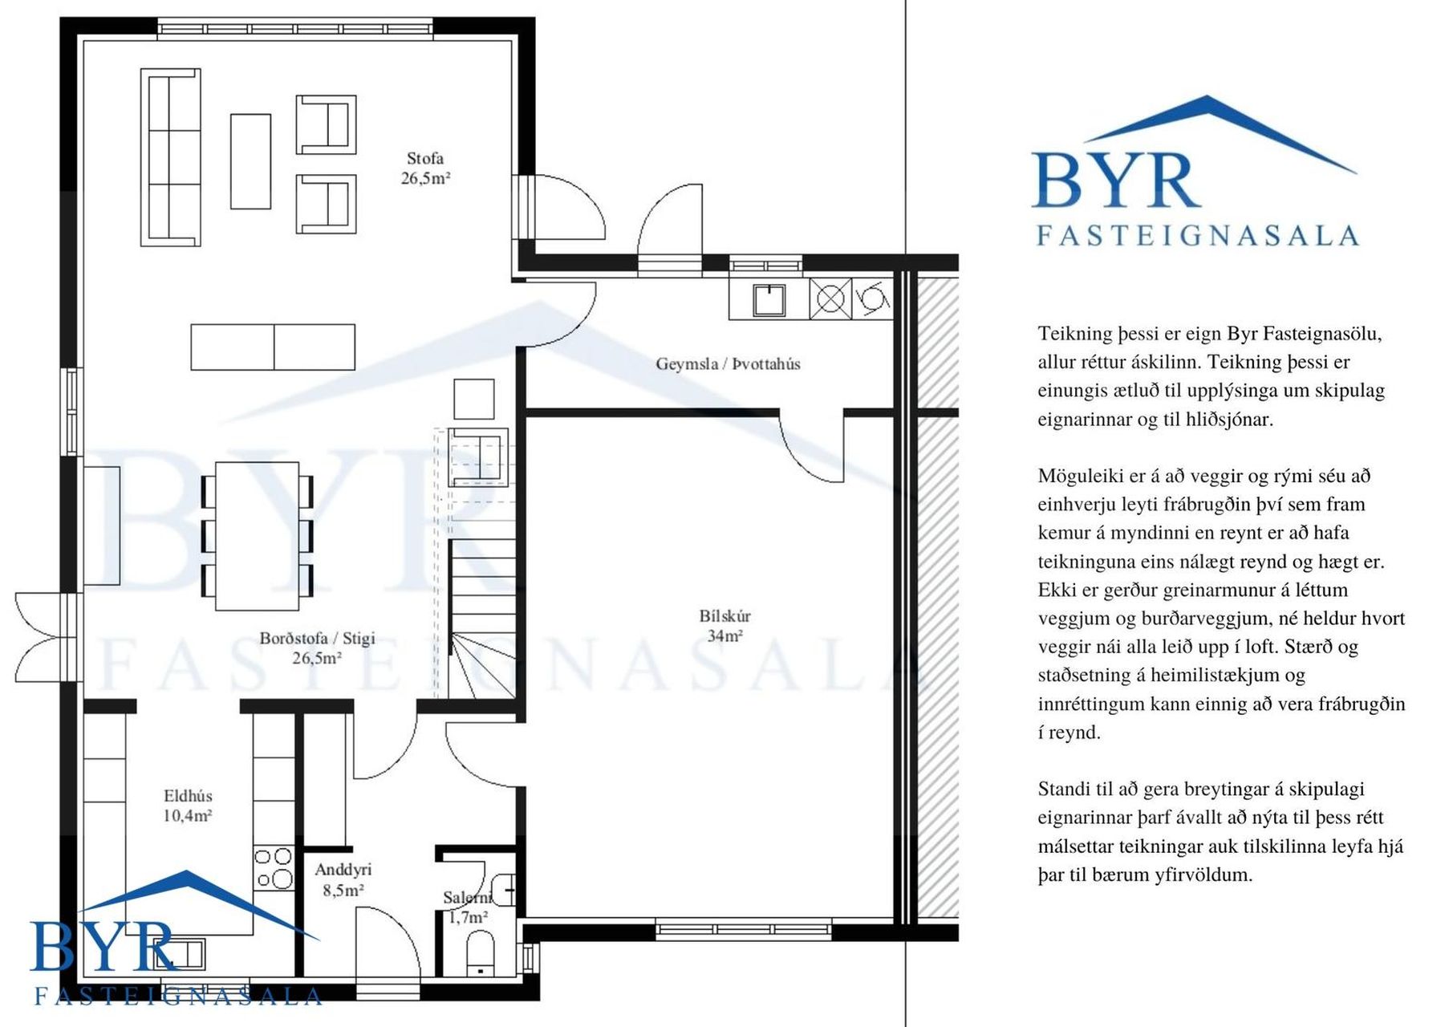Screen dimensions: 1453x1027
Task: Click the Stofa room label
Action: pos(425,159)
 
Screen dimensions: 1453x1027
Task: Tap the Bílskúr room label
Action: pos(724,616)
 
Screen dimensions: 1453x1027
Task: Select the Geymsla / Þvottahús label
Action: pos(728,364)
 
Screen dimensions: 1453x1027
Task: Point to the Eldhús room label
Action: pos(188,796)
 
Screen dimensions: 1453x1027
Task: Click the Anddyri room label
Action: pos(343,870)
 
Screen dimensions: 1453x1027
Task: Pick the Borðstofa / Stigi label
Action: pos(317,639)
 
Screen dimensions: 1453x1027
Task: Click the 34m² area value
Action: pos(724,636)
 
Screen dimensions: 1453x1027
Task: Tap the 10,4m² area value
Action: pos(188,816)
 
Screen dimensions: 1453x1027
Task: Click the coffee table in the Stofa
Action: pos(250,161)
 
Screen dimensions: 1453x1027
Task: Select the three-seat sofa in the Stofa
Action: pos(171,157)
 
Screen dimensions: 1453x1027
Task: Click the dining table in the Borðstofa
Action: pos(257,536)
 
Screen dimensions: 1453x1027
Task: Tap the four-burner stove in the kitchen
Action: pos(274,868)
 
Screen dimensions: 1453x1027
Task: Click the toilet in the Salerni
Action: pos(481,952)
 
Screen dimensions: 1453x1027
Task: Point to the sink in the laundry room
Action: pos(769,299)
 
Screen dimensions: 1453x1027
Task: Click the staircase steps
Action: pos(481,618)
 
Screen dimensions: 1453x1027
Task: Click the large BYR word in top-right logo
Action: pos(1116,181)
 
